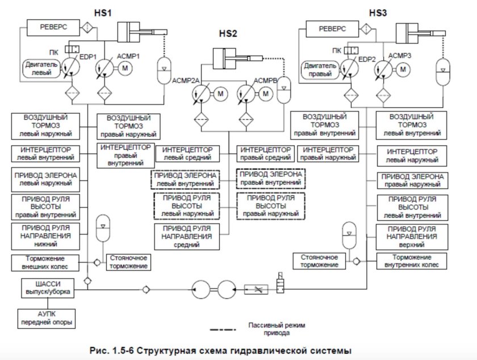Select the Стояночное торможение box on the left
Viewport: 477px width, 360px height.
(128, 261)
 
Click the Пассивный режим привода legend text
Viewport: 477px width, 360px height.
(277, 329)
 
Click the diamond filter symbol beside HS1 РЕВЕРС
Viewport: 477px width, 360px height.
(87, 26)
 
